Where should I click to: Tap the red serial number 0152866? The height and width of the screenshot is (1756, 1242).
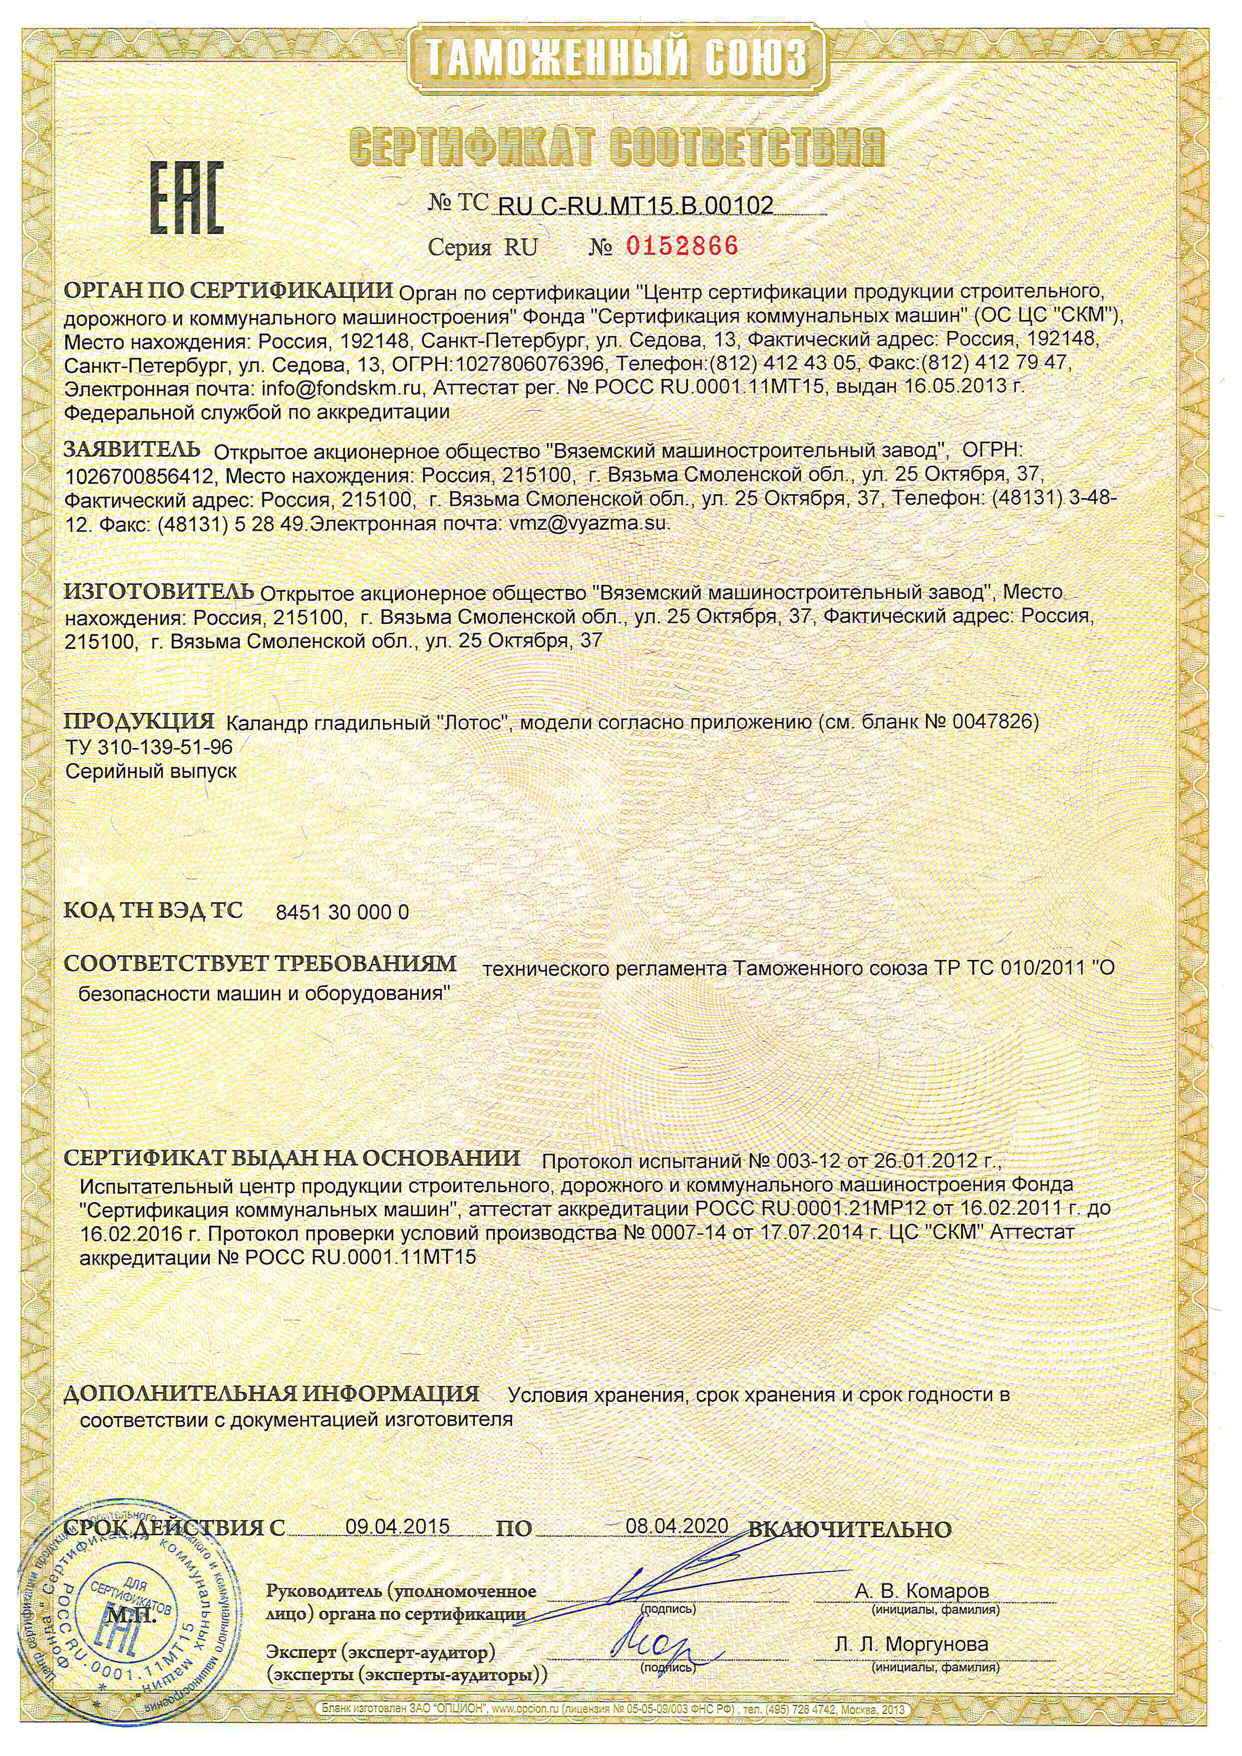[682, 246]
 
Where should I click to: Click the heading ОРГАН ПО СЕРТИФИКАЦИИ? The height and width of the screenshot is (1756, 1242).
[229, 291]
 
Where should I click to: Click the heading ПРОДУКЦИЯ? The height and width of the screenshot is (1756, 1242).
[138, 721]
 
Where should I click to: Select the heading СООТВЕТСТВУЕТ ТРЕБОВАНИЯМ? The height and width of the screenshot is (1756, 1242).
[260, 964]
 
